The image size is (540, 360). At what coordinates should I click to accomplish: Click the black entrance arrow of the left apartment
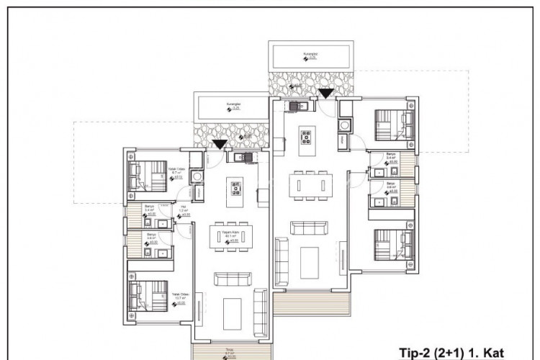(219, 145)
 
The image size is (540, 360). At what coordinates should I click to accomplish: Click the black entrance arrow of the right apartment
(325, 93)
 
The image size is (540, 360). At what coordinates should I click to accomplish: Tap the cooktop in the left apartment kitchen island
(235, 189)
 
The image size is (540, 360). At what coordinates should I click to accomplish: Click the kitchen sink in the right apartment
(297, 107)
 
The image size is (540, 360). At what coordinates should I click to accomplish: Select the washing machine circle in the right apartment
(345, 125)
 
